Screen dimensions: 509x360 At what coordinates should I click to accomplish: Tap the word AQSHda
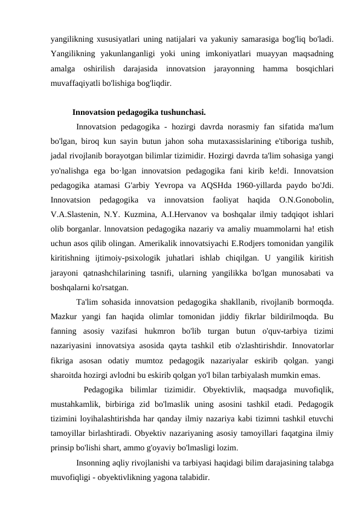coord(207,184)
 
